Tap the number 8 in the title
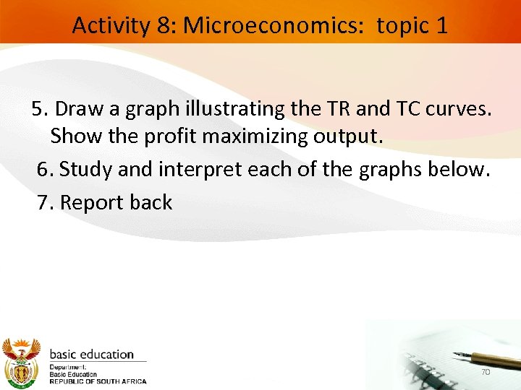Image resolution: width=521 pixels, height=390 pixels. [x=164, y=26]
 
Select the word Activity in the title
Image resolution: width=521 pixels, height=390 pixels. [x=112, y=26]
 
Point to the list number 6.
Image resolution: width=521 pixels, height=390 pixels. [x=45, y=169]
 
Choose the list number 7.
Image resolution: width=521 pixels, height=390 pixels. [x=45, y=202]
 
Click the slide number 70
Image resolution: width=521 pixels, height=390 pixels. [x=486, y=371]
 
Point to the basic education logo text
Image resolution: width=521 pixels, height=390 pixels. [x=91, y=355]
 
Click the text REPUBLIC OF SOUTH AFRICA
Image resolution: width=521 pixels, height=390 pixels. [x=98, y=381]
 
